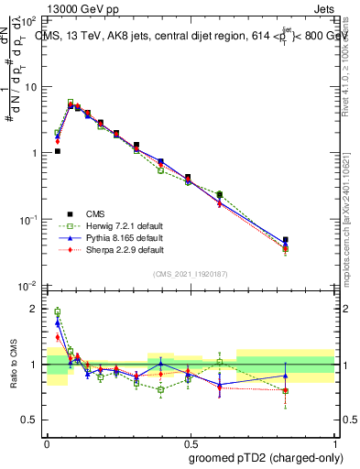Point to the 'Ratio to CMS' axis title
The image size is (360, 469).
tap(13, 364)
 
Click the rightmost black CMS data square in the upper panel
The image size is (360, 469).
tap(286, 240)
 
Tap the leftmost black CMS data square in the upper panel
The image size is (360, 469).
tap(58, 151)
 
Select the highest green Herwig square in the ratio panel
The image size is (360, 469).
tap(58, 311)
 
